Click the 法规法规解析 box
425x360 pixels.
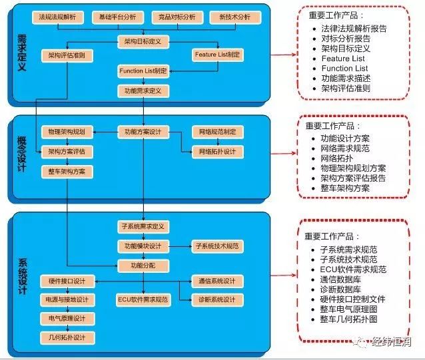click(58, 17)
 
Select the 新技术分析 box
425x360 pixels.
click(235, 17)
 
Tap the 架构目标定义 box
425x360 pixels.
click(143, 42)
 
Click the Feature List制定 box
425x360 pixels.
click(218, 55)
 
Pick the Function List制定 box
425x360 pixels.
click(143, 71)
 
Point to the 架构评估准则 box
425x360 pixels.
click(67, 56)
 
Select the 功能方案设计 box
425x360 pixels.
click(143, 132)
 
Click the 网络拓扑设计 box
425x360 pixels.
click(218, 152)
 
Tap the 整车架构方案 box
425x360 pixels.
click(67, 172)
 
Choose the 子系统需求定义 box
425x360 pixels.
click(143, 226)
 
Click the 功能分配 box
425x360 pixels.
click(143, 266)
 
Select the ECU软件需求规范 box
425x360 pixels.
click(143, 300)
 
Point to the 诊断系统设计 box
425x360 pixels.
click(217, 300)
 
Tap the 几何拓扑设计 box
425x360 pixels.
click(67, 338)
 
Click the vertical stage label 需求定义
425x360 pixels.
click(22, 53)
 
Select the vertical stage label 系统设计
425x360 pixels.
click(23, 277)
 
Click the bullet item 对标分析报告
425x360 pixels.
click(346, 39)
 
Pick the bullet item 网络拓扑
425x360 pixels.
click(337, 158)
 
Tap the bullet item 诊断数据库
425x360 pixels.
click(340, 289)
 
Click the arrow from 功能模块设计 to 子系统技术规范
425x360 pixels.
click(181, 247)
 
